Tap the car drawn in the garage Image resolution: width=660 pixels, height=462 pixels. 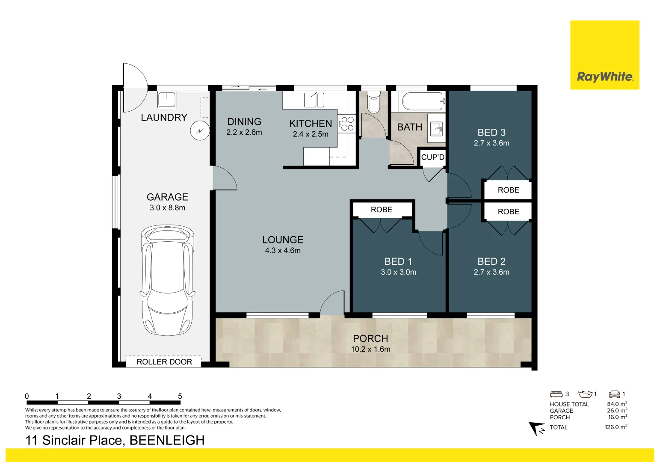(x=167, y=281)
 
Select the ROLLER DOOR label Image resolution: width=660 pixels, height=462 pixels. (x=164, y=362)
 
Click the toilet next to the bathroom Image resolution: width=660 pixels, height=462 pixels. (x=373, y=102)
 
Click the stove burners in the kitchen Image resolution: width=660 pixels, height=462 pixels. (x=347, y=124)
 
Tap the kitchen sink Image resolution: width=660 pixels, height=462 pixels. (x=314, y=100)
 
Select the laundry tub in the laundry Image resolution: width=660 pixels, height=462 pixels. (x=167, y=100)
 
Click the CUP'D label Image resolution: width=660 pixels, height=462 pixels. (x=432, y=157)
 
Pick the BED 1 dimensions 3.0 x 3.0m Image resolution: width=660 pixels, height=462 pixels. (x=398, y=272)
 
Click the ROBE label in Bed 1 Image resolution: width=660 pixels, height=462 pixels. (x=381, y=210)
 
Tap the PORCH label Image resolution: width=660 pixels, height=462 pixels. (x=370, y=338)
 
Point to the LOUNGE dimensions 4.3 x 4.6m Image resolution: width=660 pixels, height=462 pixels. (x=283, y=250)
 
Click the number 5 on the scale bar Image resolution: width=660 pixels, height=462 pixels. (x=180, y=396)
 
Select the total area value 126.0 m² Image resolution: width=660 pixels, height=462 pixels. (x=616, y=427)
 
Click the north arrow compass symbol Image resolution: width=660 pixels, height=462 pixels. (x=536, y=429)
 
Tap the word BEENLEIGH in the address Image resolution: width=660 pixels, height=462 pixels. (x=167, y=440)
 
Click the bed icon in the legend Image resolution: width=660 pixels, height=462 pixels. (x=556, y=394)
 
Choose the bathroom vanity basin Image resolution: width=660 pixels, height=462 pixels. (x=436, y=129)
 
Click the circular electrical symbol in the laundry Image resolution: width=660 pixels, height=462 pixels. (x=200, y=130)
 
